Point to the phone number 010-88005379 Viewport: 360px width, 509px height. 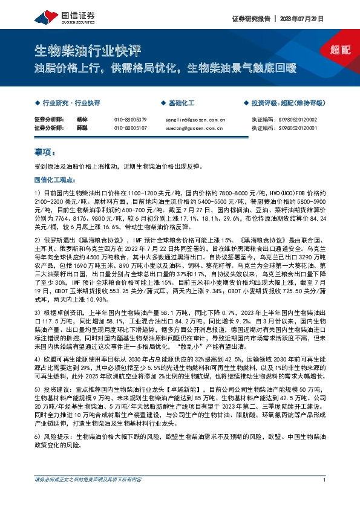tap(130, 120)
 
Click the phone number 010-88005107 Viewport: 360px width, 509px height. tap(130, 128)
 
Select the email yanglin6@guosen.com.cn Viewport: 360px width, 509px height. tap(195, 120)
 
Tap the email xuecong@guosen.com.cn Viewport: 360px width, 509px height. tap(195, 128)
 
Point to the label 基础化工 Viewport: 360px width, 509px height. tap(181, 103)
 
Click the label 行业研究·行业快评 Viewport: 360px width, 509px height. tap(71, 103)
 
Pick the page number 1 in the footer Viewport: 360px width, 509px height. tap(325, 497)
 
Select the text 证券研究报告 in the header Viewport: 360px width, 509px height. tap(250, 19)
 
